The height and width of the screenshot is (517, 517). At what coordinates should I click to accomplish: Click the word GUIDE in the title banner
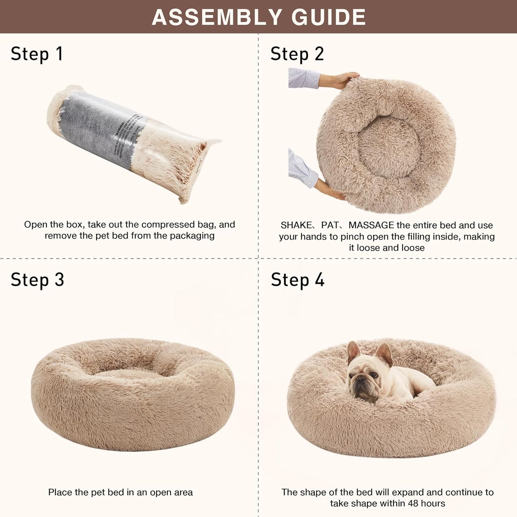(328, 17)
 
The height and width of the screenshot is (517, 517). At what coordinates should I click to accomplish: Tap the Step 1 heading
(37, 54)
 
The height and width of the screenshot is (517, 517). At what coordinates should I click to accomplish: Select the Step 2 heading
(297, 54)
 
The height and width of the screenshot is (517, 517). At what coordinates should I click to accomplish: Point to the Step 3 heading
(37, 279)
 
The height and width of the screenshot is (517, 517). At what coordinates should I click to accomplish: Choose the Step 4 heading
(297, 279)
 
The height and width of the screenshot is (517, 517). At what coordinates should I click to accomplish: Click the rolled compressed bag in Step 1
(134, 143)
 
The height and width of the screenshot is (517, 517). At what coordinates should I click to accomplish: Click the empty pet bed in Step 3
(132, 394)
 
